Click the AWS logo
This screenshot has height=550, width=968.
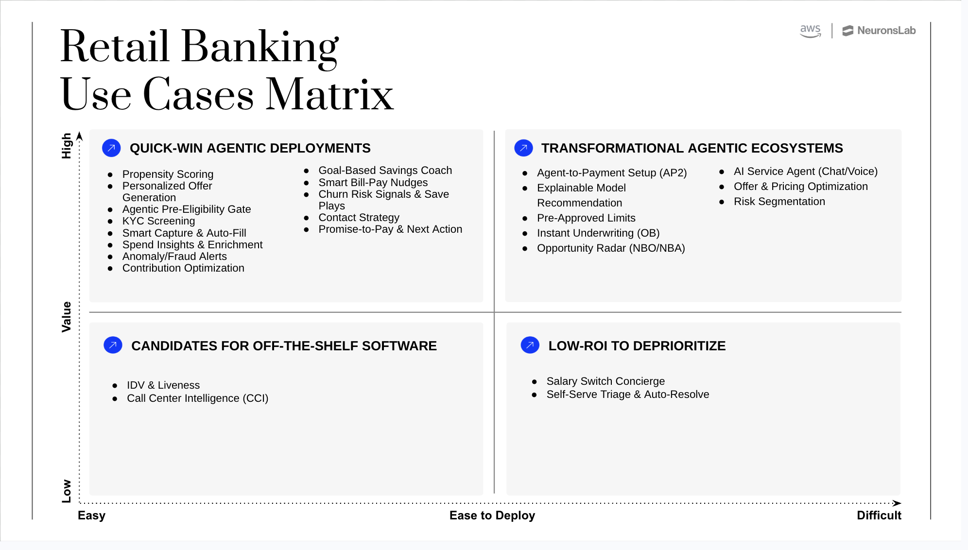point(810,31)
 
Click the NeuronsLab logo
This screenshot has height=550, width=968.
point(879,31)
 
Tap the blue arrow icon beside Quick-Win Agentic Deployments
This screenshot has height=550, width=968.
point(111,148)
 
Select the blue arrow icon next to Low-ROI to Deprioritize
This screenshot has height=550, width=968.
point(530,345)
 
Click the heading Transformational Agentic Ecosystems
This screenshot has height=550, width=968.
point(692,148)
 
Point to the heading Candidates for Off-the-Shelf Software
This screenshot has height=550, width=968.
point(284,346)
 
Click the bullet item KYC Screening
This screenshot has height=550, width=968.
point(158,221)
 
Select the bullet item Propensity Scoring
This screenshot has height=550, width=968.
point(168,174)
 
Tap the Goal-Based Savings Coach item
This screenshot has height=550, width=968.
point(385,171)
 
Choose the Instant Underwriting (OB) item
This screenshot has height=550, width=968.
point(598,233)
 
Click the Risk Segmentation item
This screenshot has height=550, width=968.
point(779,202)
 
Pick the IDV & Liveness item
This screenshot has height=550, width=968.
point(163,385)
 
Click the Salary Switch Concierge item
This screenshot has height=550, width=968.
point(605,381)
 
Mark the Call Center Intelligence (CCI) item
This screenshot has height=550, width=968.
point(197,398)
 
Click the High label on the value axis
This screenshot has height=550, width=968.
point(67,146)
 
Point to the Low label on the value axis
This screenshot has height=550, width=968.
point(67,491)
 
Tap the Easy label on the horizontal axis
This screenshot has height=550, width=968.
point(91,516)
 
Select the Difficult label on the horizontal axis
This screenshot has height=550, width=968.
point(879,516)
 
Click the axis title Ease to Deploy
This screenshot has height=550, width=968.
point(492,516)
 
